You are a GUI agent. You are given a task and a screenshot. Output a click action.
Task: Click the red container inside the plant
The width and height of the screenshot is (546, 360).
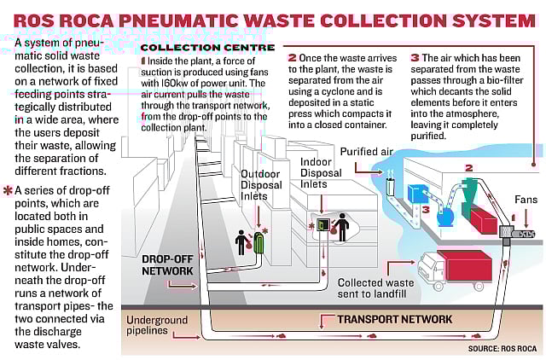point(482,218)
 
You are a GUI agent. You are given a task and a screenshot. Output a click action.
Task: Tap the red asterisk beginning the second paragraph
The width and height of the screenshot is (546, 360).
point(8,190)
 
